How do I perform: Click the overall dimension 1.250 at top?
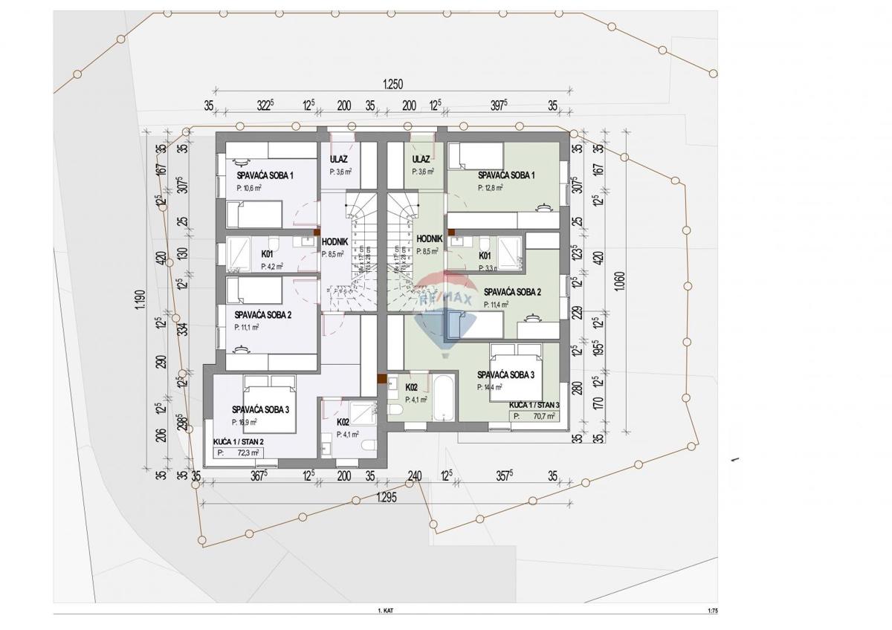pyautogui.click(x=392, y=85)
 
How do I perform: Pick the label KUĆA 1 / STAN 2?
pyautogui.click(x=238, y=441)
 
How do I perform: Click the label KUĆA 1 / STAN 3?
pyautogui.click(x=534, y=404)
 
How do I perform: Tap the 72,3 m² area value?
pyautogui.click(x=248, y=452)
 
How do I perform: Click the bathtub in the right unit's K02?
pyautogui.click(x=443, y=398)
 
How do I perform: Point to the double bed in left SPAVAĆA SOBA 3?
pyautogui.click(x=270, y=404)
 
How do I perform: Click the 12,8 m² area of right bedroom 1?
pyautogui.click(x=491, y=187)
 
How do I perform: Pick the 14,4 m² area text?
pyautogui.click(x=490, y=386)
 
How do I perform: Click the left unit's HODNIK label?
pyautogui.click(x=332, y=241)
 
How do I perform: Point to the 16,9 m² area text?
pyautogui.click(x=247, y=421)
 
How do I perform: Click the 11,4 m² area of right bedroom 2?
pyautogui.click(x=497, y=304)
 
